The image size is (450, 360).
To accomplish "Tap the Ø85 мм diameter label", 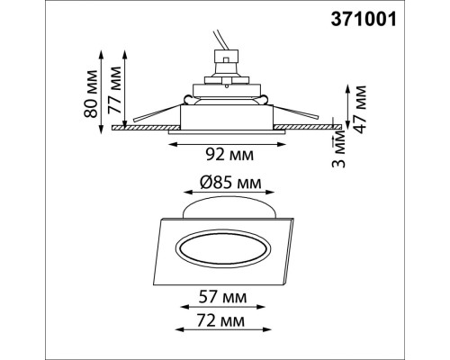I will coord(229,183).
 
